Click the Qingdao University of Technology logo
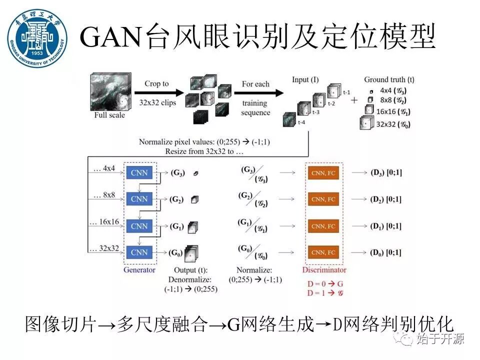(x=37, y=39)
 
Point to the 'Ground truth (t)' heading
(x=389, y=79)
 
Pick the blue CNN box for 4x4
(x=139, y=173)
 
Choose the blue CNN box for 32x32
(x=139, y=252)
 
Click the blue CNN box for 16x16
(x=139, y=226)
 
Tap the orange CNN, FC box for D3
(x=323, y=173)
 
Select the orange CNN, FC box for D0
(x=323, y=252)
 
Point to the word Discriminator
(x=324, y=270)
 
